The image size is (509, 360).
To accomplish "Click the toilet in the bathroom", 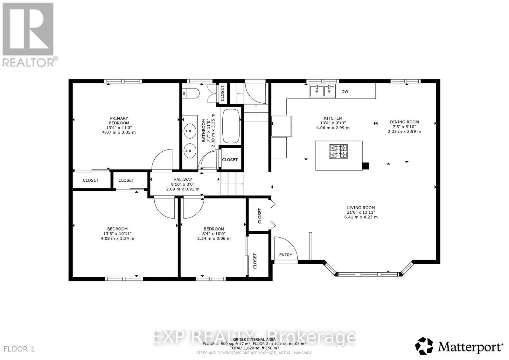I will coord(191,93).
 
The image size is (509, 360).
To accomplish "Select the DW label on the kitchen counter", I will coord(345,92).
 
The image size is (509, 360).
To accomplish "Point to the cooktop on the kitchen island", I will coord(338,151).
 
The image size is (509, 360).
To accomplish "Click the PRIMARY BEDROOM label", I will coord(119,121).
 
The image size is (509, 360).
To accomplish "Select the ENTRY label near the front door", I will coord(285,255).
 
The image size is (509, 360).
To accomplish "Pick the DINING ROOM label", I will coord(404,122).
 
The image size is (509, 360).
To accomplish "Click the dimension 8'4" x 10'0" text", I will coord(214,233).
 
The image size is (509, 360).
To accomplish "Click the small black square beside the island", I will coord(366,166).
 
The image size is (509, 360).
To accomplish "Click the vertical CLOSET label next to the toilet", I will coord(222,93).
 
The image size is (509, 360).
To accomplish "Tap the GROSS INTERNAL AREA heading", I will coord(254,340).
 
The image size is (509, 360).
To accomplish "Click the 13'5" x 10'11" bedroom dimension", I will coord(117,233).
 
